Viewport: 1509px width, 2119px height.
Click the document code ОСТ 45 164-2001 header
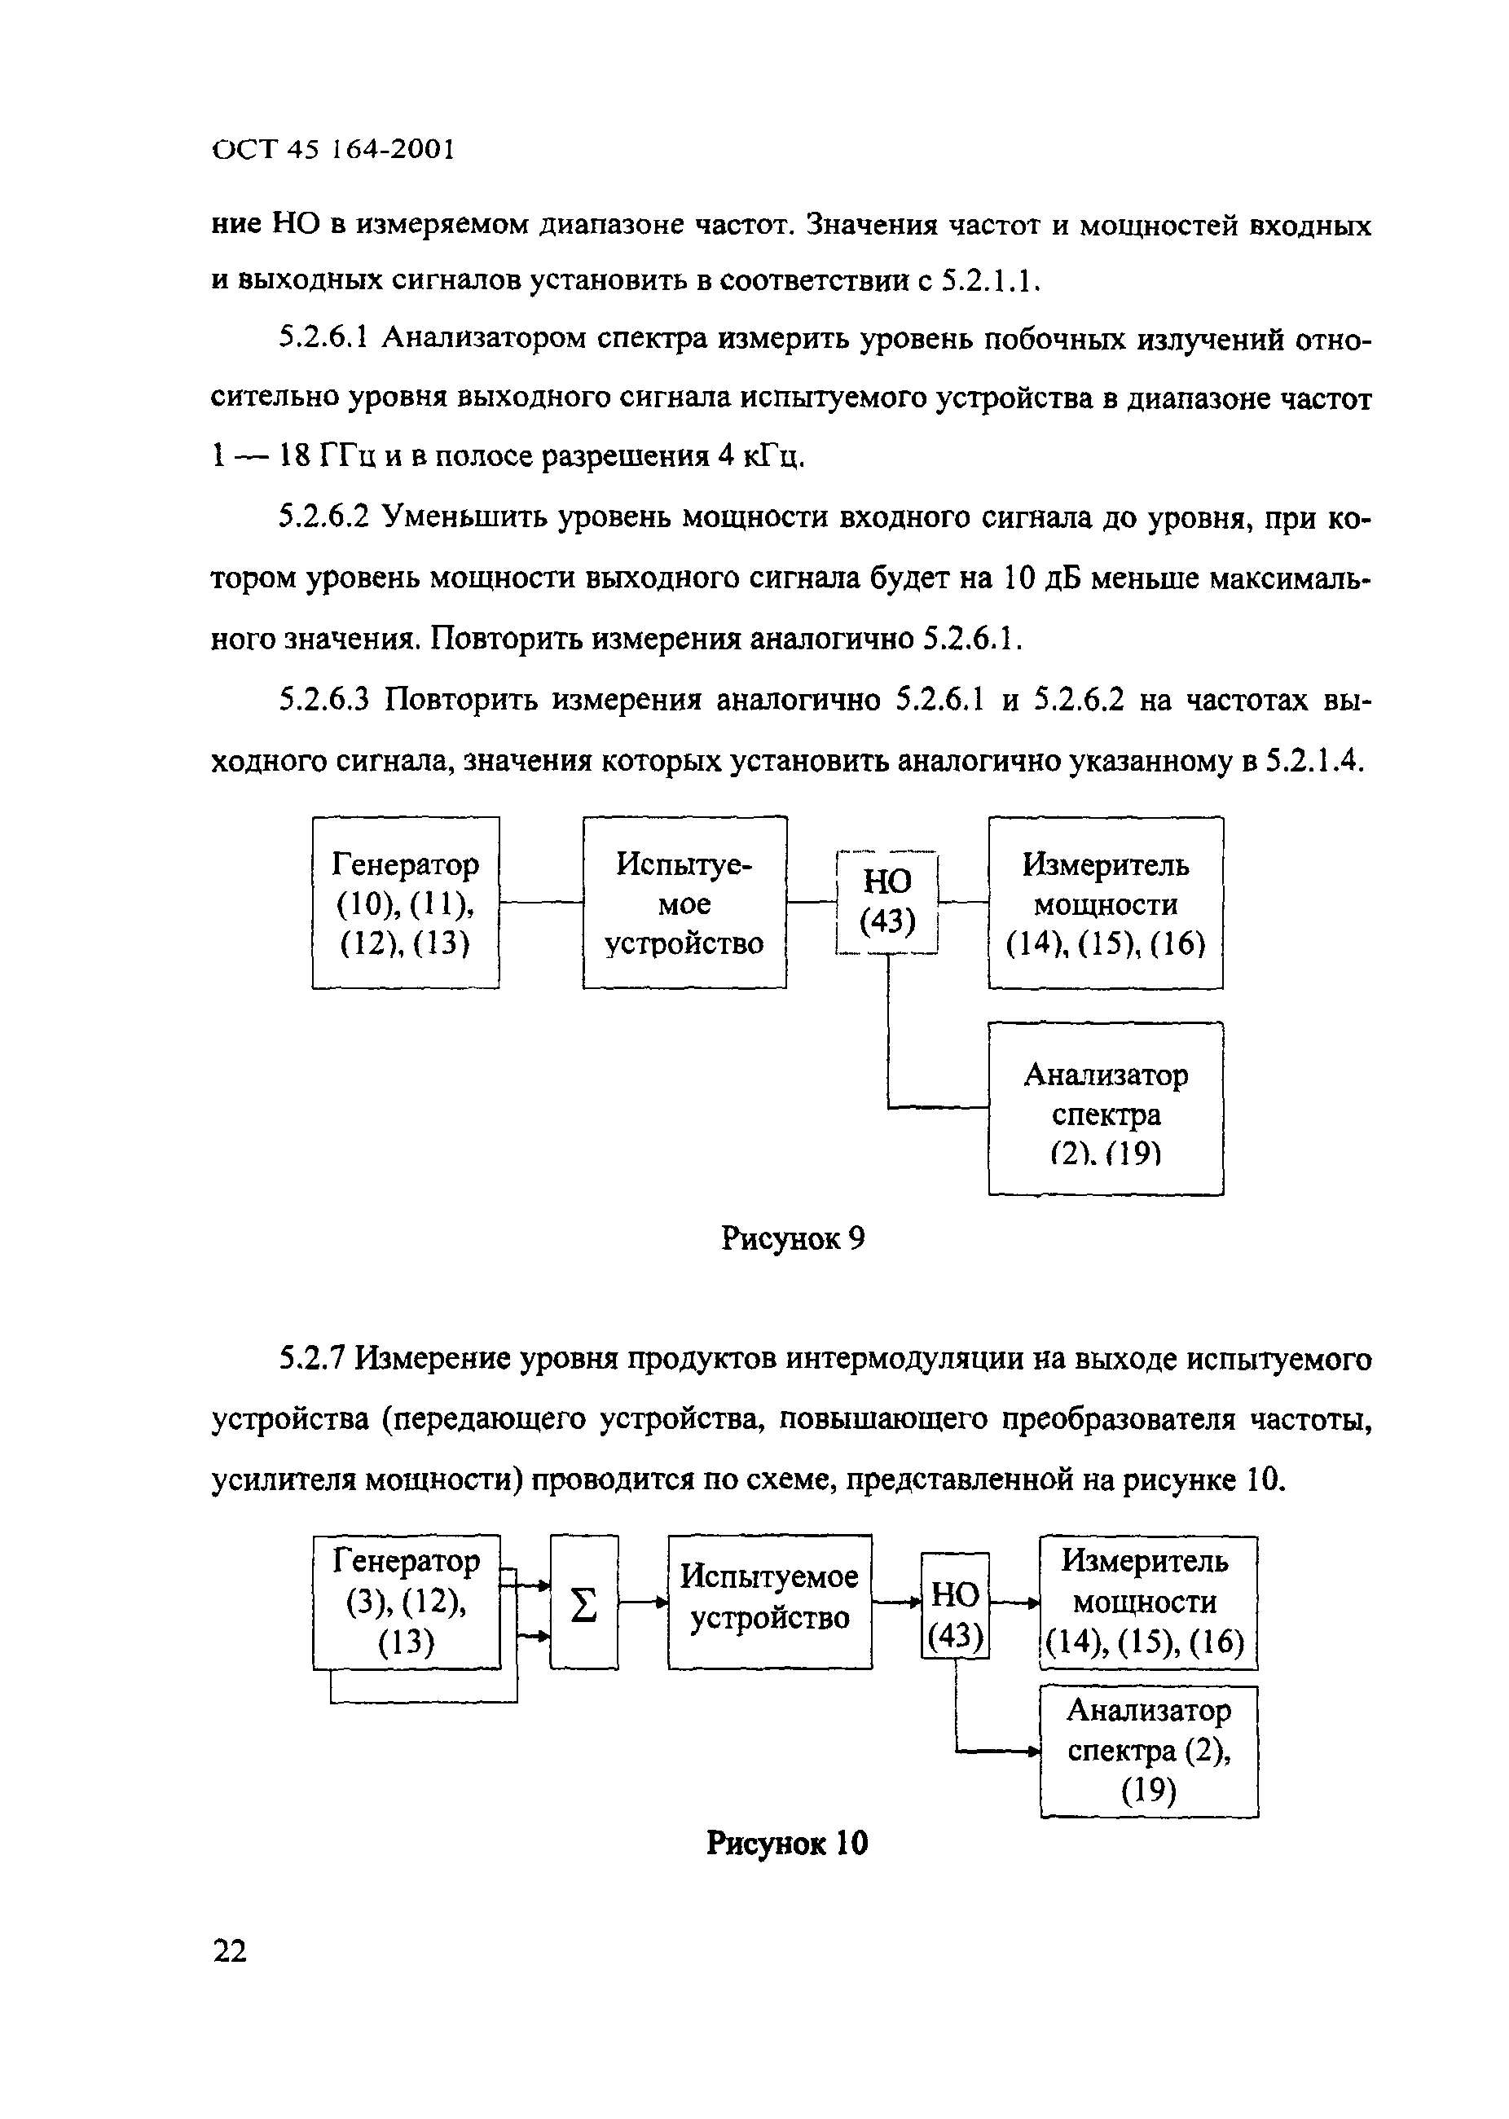tap(332, 150)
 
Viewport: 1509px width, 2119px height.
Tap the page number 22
tap(231, 1950)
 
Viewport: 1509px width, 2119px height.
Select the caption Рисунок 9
tap(793, 1238)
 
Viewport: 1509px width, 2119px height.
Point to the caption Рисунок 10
tap(787, 1842)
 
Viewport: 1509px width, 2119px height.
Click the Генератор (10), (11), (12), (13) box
tap(405, 903)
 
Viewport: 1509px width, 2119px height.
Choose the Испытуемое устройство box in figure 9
tap(684, 903)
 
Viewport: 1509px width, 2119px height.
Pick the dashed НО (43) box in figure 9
tap(887, 902)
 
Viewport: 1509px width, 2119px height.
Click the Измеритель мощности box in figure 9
tap(1105, 903)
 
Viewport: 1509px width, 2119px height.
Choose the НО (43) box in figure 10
tap(955, 1605)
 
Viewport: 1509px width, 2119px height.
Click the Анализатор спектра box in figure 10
tap(1149, 1751)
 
